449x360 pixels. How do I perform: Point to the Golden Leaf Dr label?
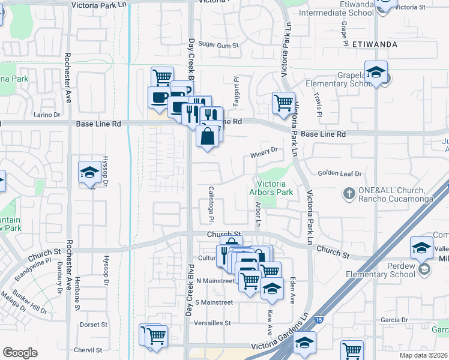(x=340, y=173)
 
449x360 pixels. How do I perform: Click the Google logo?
(x=20, y=353)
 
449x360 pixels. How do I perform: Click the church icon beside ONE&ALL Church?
(x=348, y=194)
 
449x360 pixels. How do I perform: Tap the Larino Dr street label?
(x=47, y=115)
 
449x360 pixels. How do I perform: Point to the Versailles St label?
(x=212, y=323)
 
